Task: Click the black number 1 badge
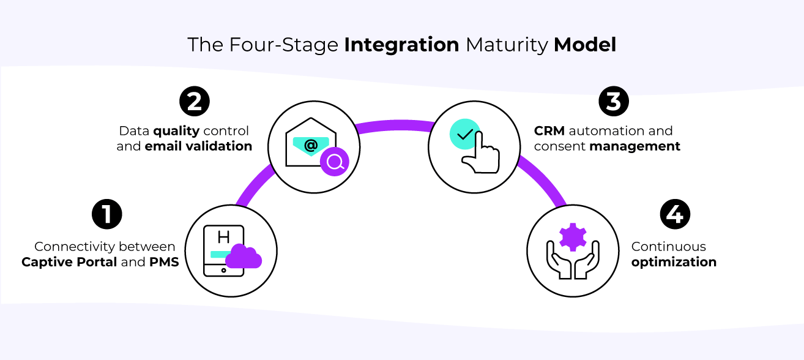(106, 214)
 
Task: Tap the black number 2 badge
(194, 101)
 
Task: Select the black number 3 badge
(614, 101)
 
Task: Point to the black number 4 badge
(675, 214)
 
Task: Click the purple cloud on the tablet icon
(244, 258)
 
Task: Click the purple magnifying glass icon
(335, 162)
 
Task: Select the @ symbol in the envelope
(311, 145)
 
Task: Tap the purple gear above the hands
(573, 237)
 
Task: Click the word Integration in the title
(401, 45)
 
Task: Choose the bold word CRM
(549, 131)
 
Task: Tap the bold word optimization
(674, 262)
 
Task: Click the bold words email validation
(198, 146)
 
